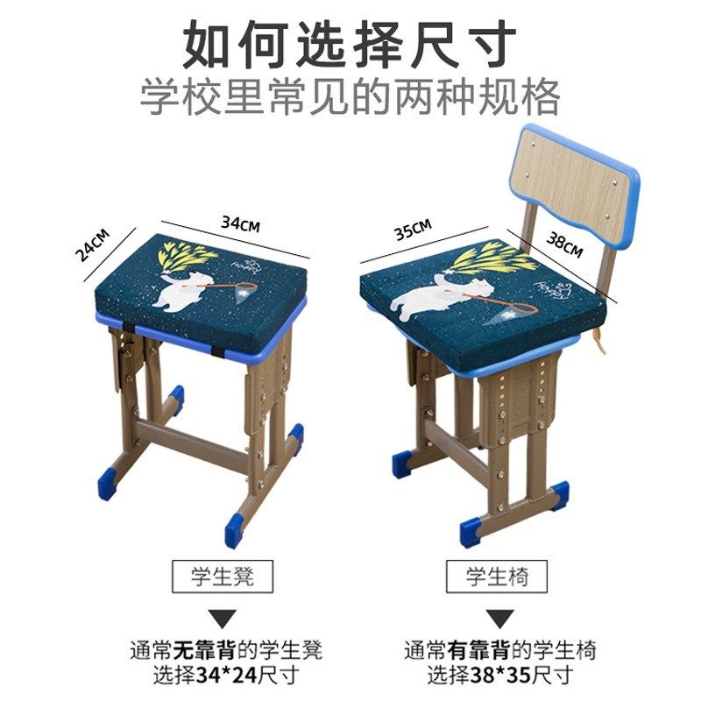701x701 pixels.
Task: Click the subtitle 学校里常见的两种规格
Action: [x=350, y=97]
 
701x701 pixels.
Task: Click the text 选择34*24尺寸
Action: [x=225, y=675]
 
